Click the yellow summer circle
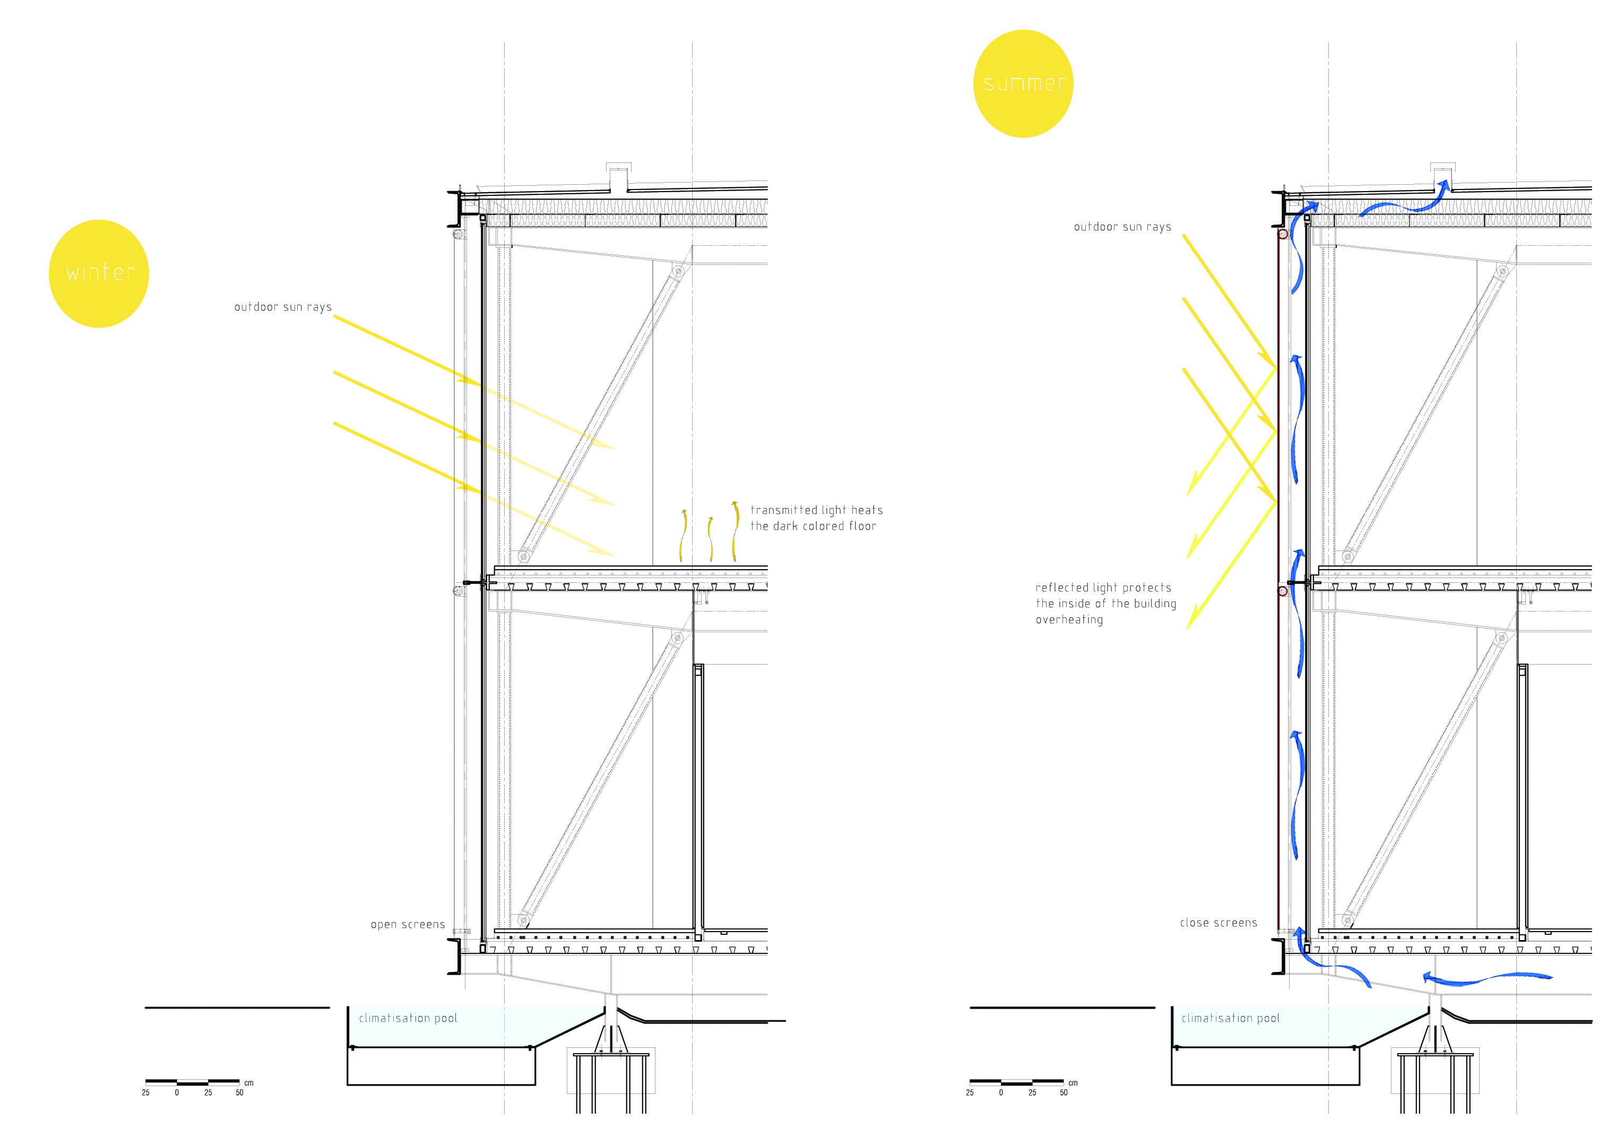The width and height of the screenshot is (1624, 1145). point(1023,83)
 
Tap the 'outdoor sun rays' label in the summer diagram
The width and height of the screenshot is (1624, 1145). point(1122,227)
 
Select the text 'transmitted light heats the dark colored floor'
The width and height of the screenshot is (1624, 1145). point(816,518)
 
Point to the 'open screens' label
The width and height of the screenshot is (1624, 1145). point(408,924)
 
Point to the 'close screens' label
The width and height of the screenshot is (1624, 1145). point(1218,923)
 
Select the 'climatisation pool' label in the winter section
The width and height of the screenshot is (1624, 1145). point(408,1018)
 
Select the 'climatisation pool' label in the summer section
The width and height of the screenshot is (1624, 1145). point(1230,1018)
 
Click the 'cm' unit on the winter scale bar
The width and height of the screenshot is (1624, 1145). point(249,1083)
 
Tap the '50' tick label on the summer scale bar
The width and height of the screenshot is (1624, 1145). point(1063,1092)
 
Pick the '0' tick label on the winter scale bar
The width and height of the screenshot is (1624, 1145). point(177,1092)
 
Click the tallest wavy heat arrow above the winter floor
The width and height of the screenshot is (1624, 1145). point(736,531)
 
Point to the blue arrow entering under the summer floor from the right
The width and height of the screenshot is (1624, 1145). point(1485,979)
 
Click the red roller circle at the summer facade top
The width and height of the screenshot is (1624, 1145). point(1282,234)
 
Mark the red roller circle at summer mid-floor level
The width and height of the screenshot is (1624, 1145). point(1282,590)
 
